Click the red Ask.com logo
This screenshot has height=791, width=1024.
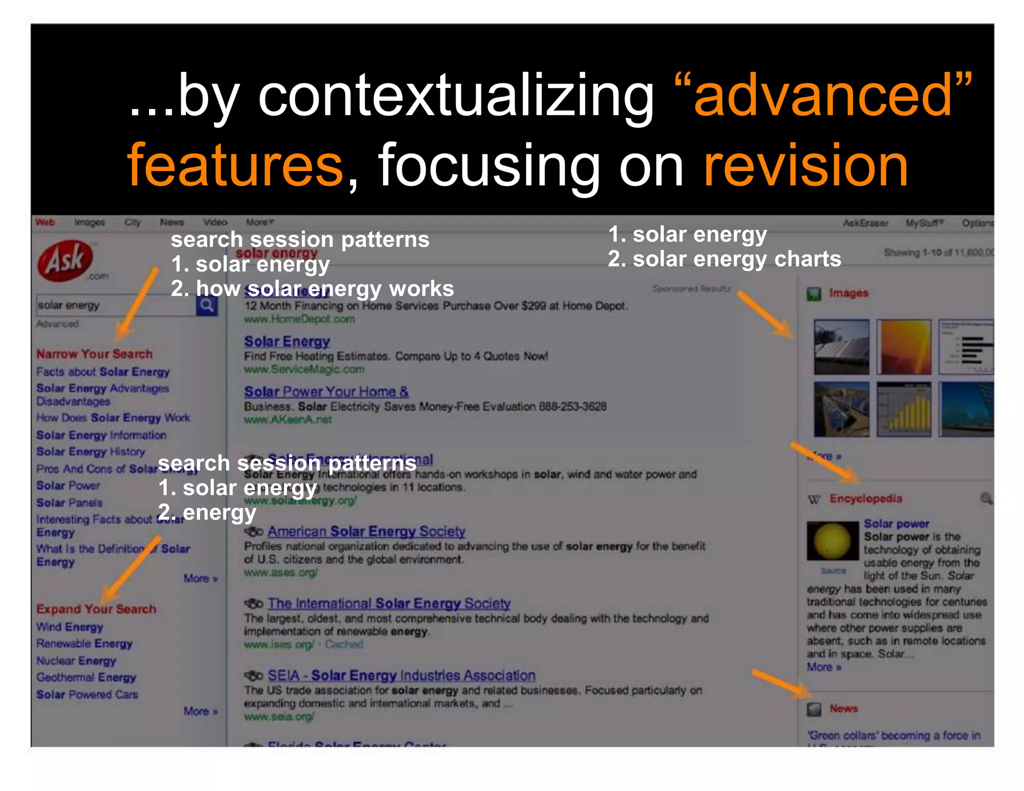click(65, 260)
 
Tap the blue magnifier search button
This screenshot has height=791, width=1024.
click(206, 305)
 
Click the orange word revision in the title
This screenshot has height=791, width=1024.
click(805, 165)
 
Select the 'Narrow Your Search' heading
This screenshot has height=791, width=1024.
click(94, 354)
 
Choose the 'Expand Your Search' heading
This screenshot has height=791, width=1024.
click(96, 609)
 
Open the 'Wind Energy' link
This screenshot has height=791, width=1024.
click(69, 627)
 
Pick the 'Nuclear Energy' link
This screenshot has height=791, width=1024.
click(76, 660)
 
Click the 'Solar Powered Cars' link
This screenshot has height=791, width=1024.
click(87, 694)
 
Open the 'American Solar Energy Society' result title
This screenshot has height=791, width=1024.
click(366, 531)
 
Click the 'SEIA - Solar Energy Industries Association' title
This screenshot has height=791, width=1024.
click(401, 675)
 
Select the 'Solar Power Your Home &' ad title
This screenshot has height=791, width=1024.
click(326, 391)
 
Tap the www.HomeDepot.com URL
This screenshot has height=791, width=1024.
click(299, 319)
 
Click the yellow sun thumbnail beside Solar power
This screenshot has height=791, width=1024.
click(832, 540)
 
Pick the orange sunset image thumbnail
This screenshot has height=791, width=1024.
click(905, 347)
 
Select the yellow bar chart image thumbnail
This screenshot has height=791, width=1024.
click(904, 409)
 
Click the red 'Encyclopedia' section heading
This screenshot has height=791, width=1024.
click(866, 498)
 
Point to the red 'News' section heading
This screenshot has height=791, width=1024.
click(843, 708)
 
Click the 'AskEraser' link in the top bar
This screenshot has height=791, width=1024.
click(865, 223)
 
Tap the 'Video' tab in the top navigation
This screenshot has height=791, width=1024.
click(215, 222)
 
